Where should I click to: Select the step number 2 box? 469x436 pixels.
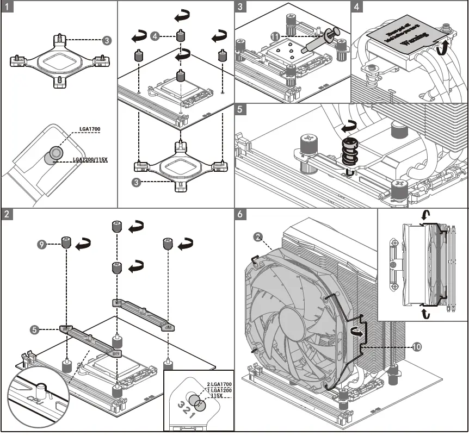tap(6, 214)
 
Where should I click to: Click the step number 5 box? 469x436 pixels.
tap(241, 109)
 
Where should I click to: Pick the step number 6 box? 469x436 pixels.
tap(241, 214)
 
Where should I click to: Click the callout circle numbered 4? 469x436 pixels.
tap(156, 36)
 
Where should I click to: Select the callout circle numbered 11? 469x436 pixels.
tap(275, 36)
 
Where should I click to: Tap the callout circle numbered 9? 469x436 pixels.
tap(42, 244)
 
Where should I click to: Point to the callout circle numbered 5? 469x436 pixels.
tap(35, 329)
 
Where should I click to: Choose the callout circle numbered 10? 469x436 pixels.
tap(417, 346)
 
